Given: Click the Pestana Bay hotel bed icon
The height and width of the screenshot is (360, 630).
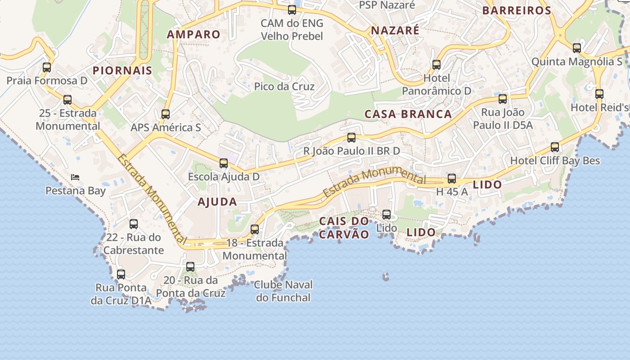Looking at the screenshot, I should coord(75,177).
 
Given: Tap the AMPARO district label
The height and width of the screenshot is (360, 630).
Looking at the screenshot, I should coord(193,34).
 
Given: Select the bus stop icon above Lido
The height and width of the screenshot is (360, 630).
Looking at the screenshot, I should coord(386,215).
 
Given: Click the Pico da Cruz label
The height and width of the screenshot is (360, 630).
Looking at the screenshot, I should coord(284,86).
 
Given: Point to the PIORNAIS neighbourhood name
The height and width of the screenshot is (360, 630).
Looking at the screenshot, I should coord(122,71).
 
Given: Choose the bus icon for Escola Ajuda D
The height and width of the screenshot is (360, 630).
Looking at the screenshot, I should coord(223,163).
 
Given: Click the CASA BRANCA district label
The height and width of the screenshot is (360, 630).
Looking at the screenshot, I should coord(408,114).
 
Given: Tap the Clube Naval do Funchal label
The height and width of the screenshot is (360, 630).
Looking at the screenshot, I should coord(283,291).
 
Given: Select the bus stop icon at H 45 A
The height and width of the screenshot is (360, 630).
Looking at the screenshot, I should coord(452,179).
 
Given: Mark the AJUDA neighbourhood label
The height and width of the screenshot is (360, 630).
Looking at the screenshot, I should coord(217,202).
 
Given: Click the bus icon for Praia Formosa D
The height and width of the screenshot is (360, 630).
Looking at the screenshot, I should coord(47,67).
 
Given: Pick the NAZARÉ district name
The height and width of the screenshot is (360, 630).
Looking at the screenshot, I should coord(395,31).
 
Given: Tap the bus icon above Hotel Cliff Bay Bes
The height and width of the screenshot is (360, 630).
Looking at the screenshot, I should coord(555,147).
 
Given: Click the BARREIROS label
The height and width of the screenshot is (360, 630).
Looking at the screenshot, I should coord(517,11).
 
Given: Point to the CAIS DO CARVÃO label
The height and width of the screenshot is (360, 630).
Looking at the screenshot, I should coord(344,228).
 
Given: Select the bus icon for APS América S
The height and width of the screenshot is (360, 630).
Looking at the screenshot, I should coord(166,114).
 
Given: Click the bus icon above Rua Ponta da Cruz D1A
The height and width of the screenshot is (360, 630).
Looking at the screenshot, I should coord(121,274).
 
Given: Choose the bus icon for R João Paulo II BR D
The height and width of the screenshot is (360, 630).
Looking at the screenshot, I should coord(351,138).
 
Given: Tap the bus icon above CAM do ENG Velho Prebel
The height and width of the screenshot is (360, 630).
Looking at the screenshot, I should coord(292,10).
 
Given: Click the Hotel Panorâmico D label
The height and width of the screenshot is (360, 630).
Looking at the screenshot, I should coord(436,85).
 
